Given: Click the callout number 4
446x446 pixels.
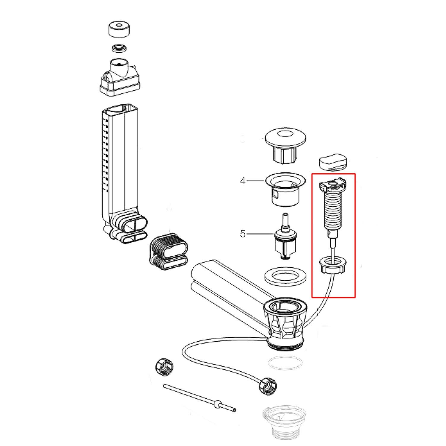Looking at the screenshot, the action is pos(243,181).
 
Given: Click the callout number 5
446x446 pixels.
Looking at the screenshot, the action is pos(243,234).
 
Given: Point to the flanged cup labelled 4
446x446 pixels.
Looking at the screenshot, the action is pos(285,189).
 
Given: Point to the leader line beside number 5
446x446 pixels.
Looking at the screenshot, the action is pos(260,234).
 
